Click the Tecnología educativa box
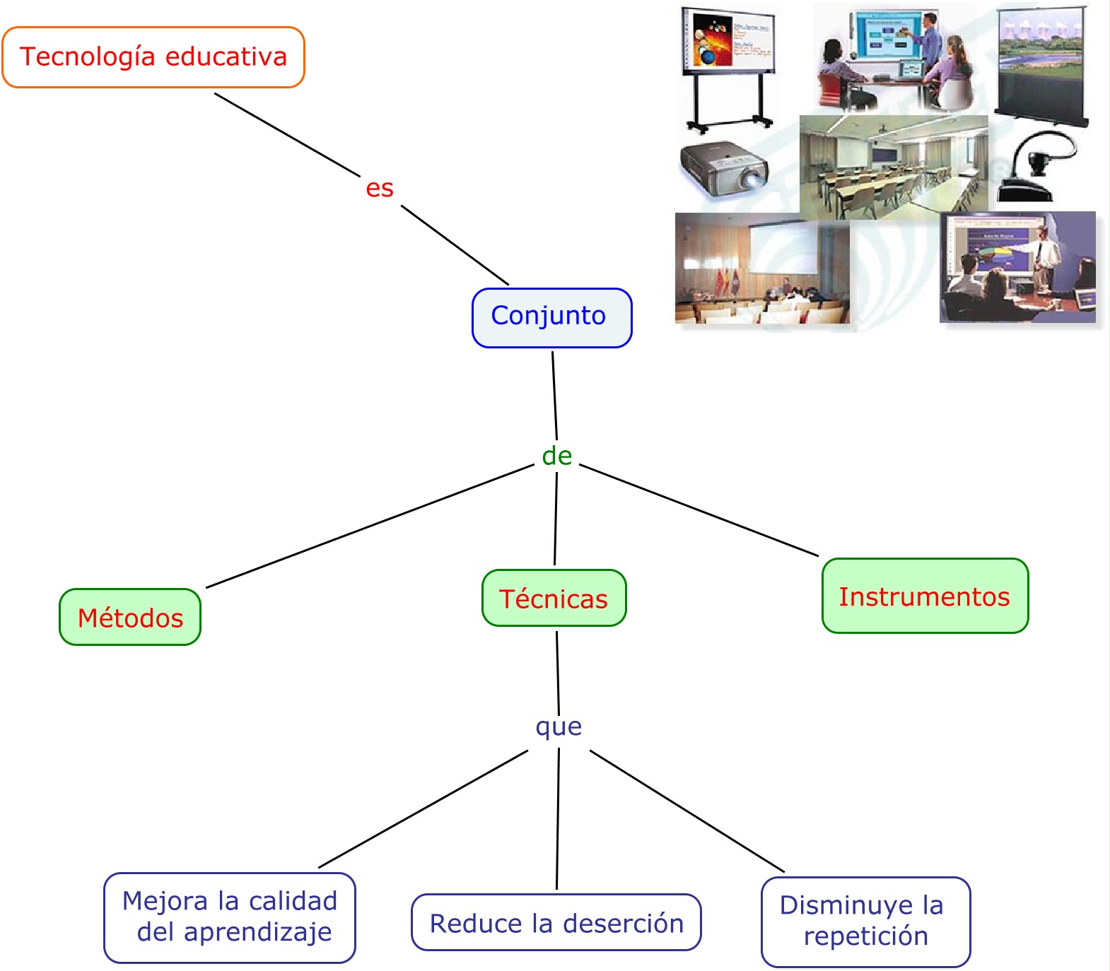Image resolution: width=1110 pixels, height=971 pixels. [153, 57]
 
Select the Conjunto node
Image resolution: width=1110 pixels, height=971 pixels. [551, 317]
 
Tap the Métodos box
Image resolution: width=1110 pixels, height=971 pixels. [130, 617]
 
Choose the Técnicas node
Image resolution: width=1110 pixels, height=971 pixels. [554, 598]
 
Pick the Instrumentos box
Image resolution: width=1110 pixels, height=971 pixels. [924, 596]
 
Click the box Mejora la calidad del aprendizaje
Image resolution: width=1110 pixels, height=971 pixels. [229, 917]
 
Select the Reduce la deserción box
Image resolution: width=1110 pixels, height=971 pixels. [556, 922]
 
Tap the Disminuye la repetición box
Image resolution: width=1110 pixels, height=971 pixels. [865, 921]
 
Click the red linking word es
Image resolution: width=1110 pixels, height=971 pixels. [380, 189]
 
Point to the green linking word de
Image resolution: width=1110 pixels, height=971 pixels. [556, 456]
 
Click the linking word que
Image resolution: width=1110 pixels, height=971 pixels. [559, 726]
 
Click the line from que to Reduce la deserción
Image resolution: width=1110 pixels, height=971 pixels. [558, 820]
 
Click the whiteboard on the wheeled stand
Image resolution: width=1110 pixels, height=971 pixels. [727, 67]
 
